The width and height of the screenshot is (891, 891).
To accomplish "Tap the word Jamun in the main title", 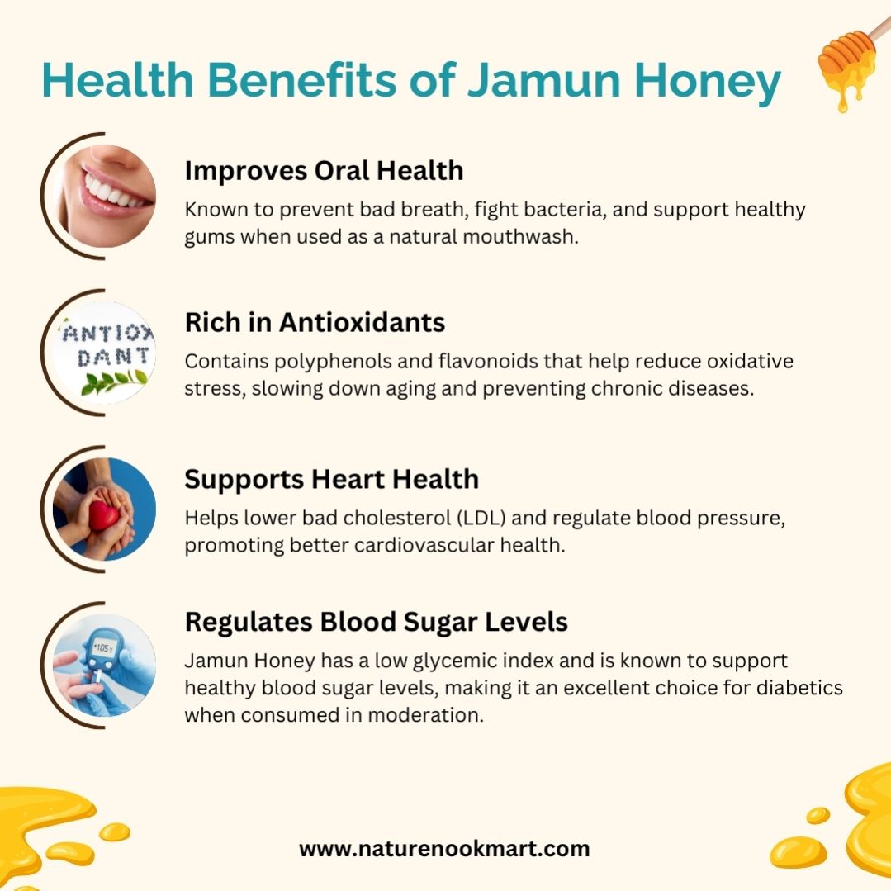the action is (x=543, y=80).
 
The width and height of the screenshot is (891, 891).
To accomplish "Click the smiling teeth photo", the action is (x=104, y=196).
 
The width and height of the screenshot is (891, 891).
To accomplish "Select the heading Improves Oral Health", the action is (x=324, y=170).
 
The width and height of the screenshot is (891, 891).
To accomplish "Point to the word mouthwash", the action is (x=520, y=236).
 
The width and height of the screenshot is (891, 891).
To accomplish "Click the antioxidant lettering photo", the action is (x=104, y=353).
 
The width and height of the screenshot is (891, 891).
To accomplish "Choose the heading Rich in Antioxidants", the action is (x=315, y=322).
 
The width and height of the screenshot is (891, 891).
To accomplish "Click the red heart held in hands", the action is (x=103, y=514).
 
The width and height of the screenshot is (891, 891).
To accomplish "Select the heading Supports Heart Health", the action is (x=332, y=479).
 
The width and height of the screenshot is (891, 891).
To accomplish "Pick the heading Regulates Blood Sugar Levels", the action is (x=377, y=622).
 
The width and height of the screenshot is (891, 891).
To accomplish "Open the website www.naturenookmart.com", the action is (x=444, y=849).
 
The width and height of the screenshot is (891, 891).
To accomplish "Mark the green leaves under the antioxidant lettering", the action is (x=114, y=382).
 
